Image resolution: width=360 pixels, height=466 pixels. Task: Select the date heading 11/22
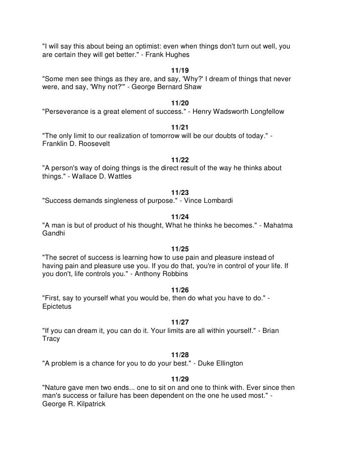click(180, 160)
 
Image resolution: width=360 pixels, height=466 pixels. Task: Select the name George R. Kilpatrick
click(74, 403)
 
